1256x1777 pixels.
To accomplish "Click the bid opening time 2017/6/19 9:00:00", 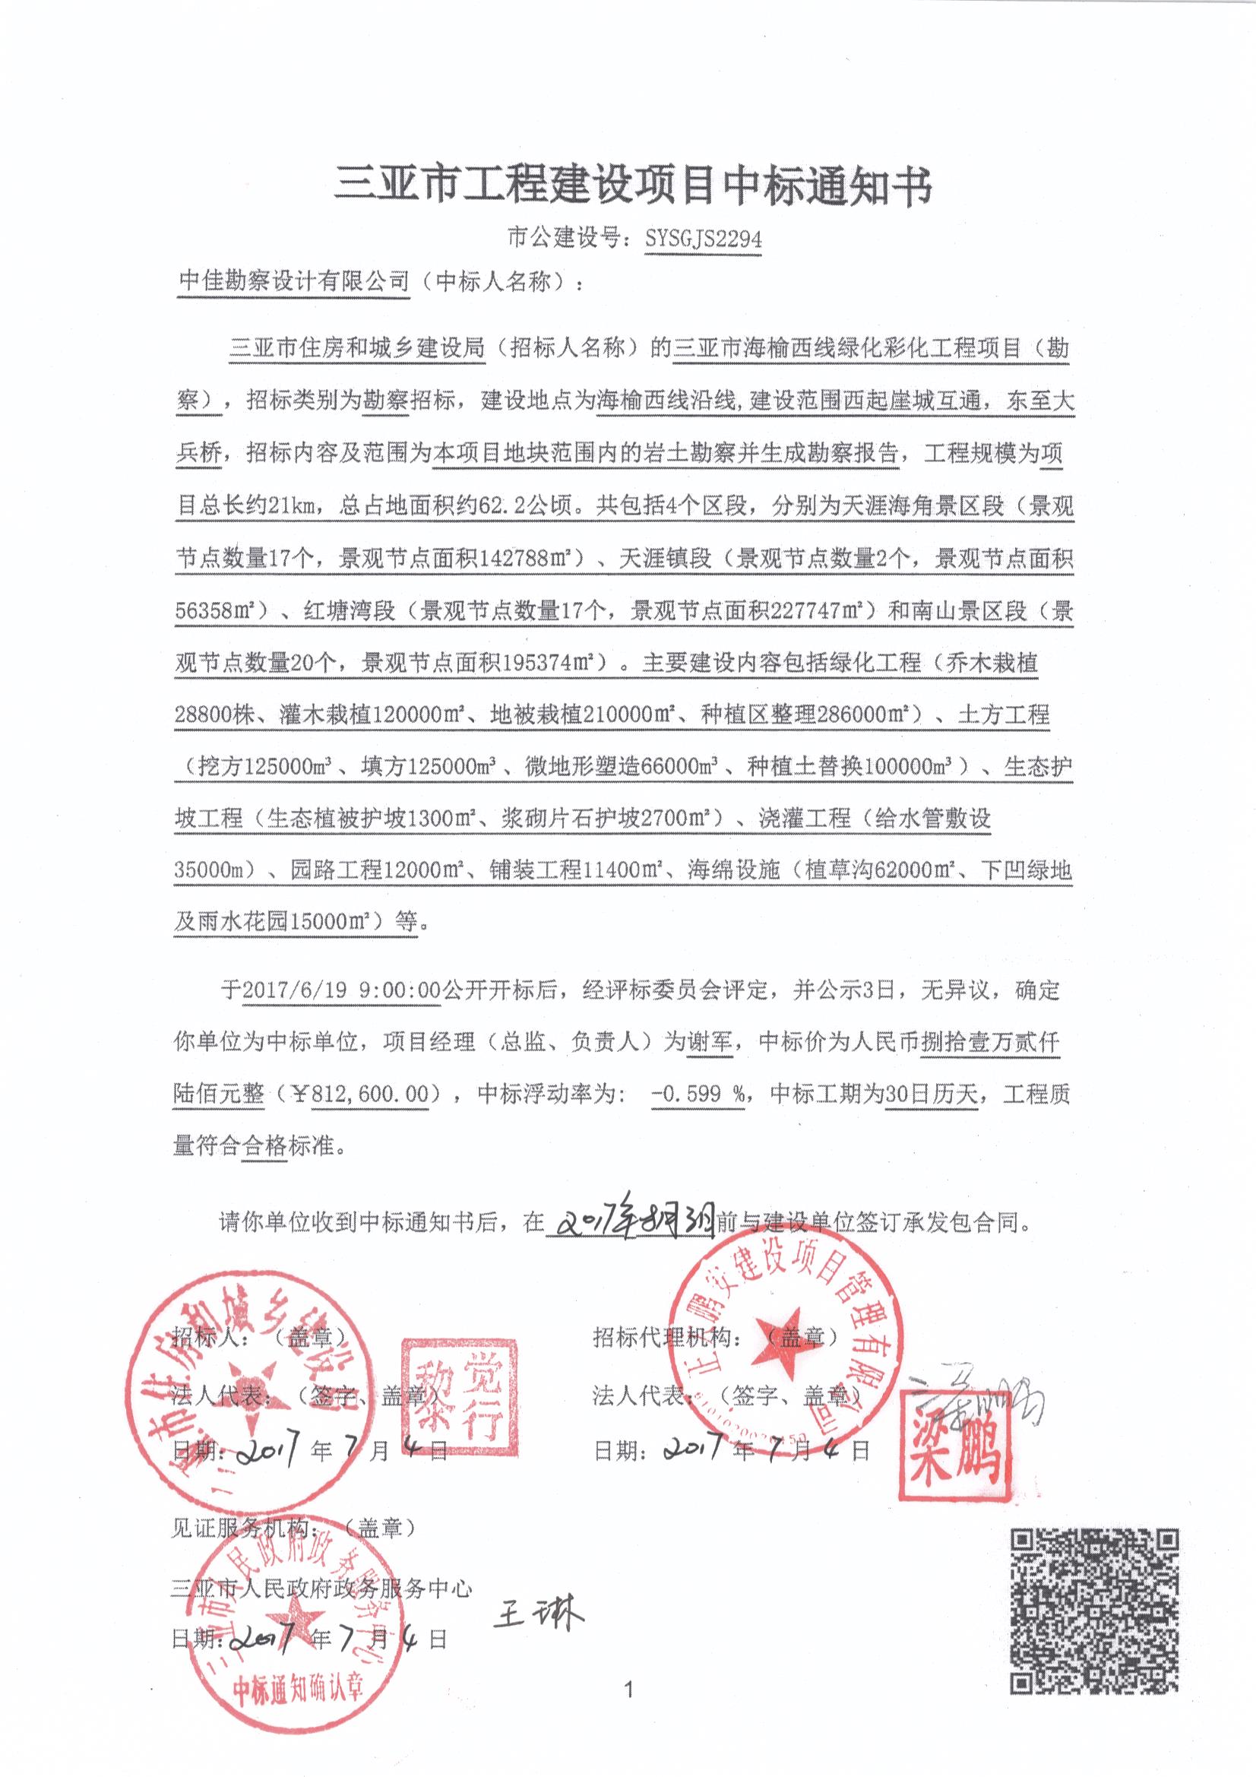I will pos(341,990).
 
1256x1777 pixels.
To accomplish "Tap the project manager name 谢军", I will pos(710,1042).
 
